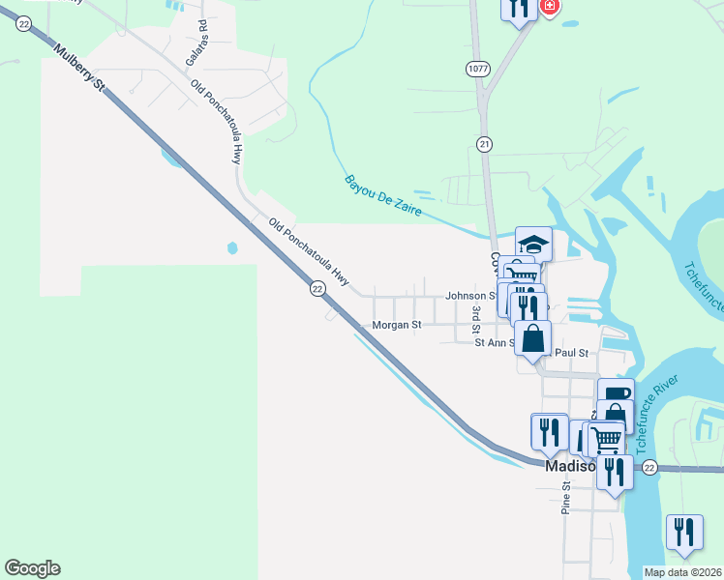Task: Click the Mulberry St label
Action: pos(78,69)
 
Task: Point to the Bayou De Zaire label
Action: pos(383,194)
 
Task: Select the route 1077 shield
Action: pos(476,69)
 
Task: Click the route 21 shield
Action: pos(484,143)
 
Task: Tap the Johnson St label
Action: pos(470,297)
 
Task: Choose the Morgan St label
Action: pos(397,326)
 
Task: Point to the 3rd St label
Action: pos(476,317)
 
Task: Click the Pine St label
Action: pos(566,496)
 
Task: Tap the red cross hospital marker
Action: pos(550,7)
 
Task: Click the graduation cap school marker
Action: pos(533,243)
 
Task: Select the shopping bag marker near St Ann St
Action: pos(533,338)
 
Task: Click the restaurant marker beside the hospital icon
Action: pos(519,9)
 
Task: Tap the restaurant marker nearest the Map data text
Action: pos(683,532)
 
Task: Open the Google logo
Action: pos(32,568)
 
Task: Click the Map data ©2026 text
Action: pos(682,572)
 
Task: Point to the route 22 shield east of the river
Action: pos(649,467)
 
